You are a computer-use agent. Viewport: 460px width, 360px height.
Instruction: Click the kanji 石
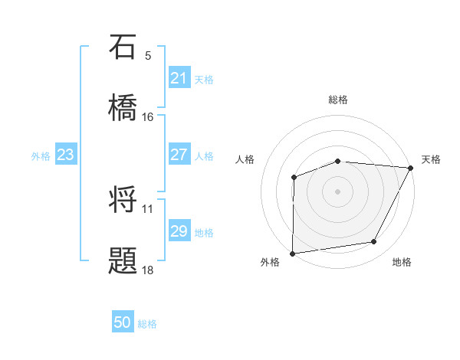(123, 47)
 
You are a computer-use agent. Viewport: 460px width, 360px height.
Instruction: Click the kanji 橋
(123, 108)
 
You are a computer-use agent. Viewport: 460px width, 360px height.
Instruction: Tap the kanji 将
(123, 200)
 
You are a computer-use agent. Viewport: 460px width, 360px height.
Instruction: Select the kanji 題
(123, 261)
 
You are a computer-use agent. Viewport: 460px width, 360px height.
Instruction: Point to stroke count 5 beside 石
(148, 56)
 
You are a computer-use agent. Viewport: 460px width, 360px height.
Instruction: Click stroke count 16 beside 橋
(148, 117)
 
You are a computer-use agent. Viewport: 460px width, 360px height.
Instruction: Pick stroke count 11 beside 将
(148, 208)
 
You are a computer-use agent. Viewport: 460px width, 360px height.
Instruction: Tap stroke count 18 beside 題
(148, 270)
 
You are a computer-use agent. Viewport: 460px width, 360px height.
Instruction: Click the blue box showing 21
(179, 78)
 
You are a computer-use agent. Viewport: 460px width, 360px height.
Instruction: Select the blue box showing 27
(179, 155)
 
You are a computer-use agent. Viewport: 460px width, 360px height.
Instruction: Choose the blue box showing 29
(179, 231)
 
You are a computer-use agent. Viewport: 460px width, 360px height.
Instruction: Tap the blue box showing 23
(65, 155)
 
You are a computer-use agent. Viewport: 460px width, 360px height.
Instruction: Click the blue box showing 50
(123, 323)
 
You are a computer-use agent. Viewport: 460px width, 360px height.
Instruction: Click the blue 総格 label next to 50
(147, 324)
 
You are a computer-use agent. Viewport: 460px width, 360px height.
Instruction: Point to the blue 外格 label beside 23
(41, 156)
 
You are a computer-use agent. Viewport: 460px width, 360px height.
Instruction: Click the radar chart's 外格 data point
(293, 253)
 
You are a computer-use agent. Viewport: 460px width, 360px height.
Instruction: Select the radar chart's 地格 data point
(374, 242)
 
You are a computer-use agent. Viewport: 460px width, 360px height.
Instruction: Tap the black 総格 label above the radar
(338, 100)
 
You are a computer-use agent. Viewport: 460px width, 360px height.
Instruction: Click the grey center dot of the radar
(337, 191)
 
